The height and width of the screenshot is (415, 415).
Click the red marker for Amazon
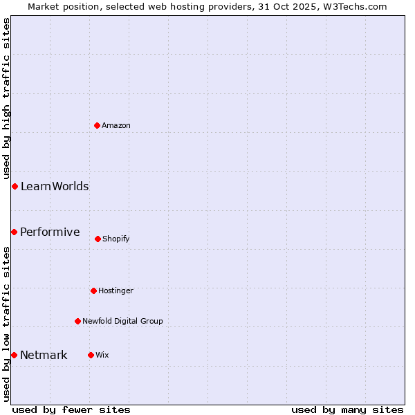click(98, 125)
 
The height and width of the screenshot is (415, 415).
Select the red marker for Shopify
click(98, 239)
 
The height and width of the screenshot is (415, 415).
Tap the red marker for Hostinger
click(93, 290)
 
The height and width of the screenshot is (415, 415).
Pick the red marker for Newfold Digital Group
click(77, 321)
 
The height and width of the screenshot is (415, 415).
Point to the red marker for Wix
click(91, 355)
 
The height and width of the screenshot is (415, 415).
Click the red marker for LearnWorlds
click(15, 186)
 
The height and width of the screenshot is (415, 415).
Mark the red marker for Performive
click(14, 232)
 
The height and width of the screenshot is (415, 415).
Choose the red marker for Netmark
click(14, 355)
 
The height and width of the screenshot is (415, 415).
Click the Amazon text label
click(116, 126)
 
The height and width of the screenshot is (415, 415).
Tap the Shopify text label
click(116, 239)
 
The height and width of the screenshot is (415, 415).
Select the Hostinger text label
click(116, 291)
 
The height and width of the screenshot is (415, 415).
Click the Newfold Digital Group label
click(122, 322)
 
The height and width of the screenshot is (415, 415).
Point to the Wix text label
click(102, 356)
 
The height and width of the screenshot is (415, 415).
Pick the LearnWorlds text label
click(55, 187)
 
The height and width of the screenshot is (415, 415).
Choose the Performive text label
click(50, 232)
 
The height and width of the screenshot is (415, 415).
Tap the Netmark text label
click(44, 356)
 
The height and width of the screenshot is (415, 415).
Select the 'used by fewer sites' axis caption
click(71, 409)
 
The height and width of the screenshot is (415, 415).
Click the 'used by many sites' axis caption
click(347, 409)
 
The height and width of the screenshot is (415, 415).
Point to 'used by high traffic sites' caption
click(6, 98)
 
